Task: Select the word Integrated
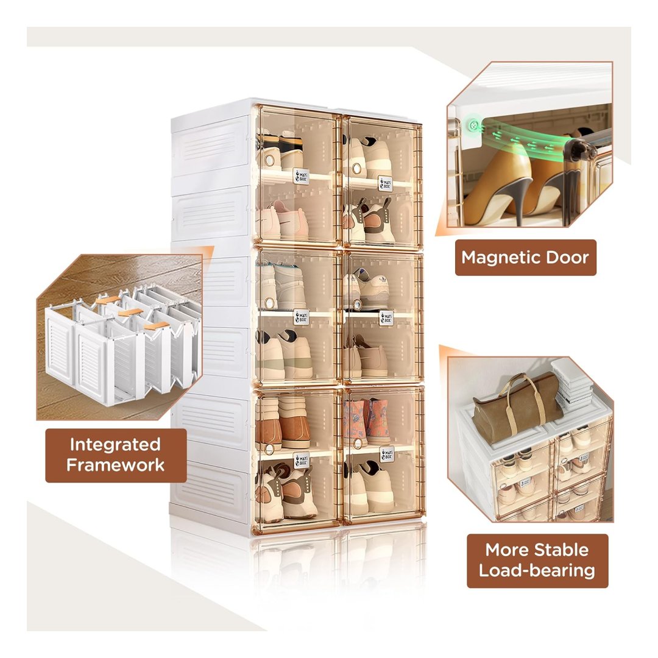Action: tap(115, 444)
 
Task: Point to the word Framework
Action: tap(115, 465)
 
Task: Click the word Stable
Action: tap(559, 550)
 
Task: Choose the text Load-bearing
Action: tap(537, 571)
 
